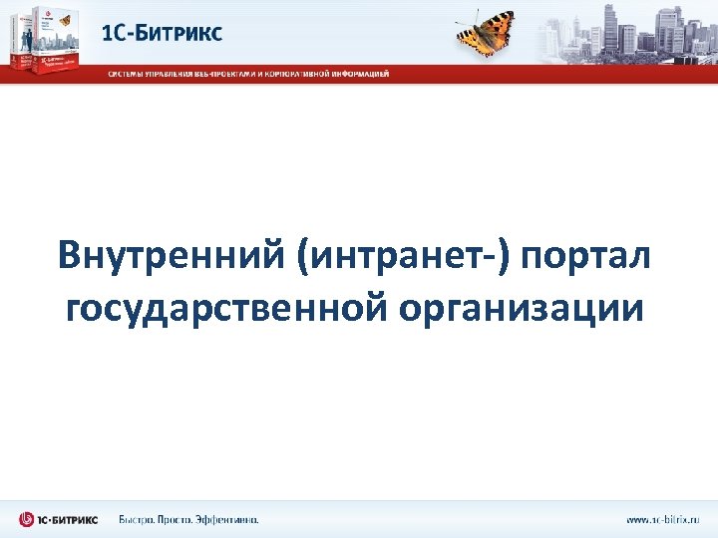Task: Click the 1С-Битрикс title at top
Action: (163, 33)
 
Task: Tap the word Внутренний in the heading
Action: (170, 255)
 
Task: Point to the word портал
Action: (588, 255)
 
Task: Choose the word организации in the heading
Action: (522, 308)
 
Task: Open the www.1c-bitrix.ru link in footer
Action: (662, 519)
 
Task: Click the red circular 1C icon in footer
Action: (27, 519)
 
